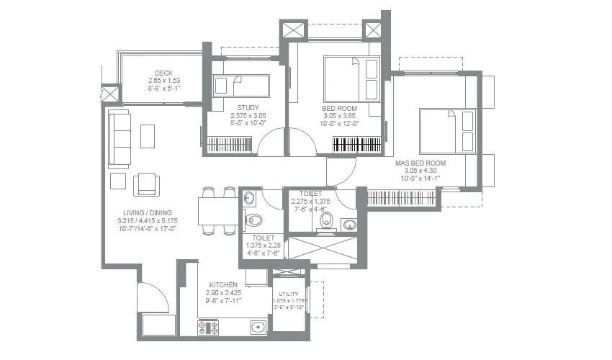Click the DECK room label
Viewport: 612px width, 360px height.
coord(162,73)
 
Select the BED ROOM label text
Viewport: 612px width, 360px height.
coord(340,107)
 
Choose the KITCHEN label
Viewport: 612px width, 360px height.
coord(223,285)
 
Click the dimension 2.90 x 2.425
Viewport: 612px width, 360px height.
coord(223,294)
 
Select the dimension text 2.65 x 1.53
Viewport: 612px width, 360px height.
coord(162,81)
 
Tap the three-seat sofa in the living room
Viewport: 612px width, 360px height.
coord(120,139)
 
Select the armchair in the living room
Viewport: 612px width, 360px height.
coord(148,183)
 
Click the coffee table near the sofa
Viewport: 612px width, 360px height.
coord(148,136)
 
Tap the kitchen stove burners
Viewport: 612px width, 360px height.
coord(208,328)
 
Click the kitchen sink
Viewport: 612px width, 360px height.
coord(258,328)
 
